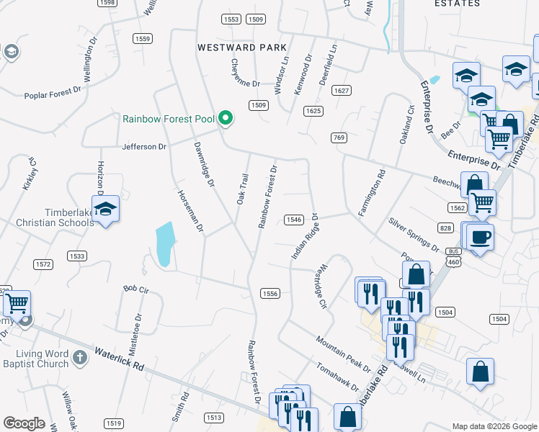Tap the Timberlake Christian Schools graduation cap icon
coord(106,210)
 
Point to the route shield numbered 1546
coord(293,220)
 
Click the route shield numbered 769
coord(339,138)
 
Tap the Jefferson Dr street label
coord(145,147)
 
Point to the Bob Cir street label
coord(135,289)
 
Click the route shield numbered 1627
coord(342,91)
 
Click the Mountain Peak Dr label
coord(342,352)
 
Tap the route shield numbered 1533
coord(77,256)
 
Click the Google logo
coord(24,423)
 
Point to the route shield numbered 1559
coord(143,38)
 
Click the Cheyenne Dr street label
coord(246,73)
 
